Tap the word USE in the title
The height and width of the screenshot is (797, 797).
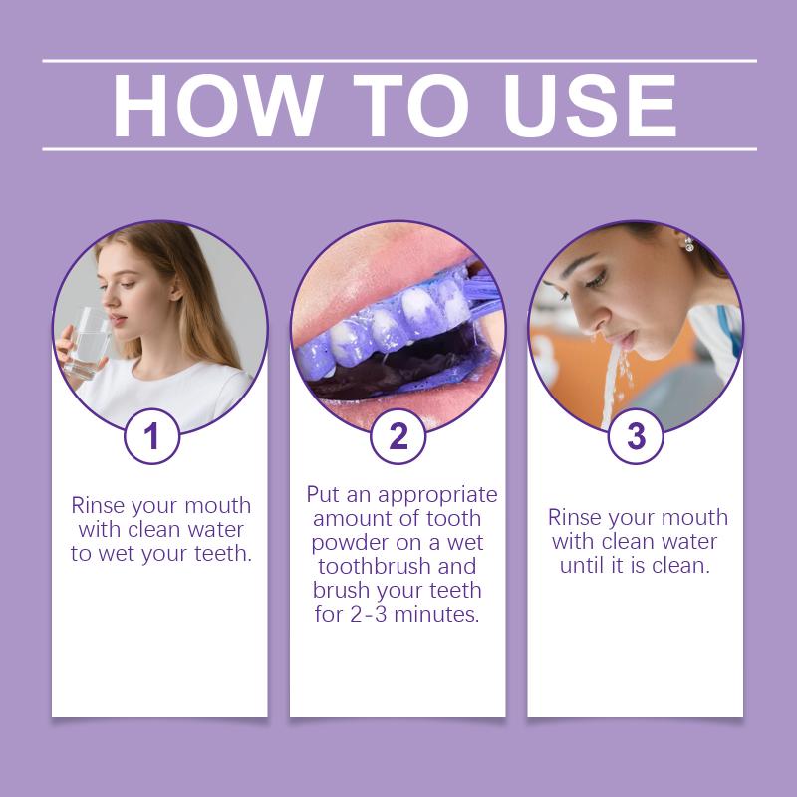[x=590, y=106]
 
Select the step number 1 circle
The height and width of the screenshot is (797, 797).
[x=152, y=436]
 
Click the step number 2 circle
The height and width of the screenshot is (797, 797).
[x=398, y=436]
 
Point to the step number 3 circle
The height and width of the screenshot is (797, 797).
[x=636, y=436]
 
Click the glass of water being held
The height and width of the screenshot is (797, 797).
[x=88, y=343]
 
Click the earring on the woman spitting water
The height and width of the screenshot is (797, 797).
[x=689, y=244]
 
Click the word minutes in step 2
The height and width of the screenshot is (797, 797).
[x=436, y=614]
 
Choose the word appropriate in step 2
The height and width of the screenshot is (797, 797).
[x=437, y=495]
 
